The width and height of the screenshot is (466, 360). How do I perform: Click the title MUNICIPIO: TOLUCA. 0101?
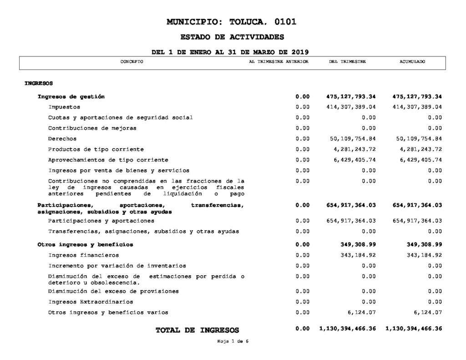(x=232, y=21)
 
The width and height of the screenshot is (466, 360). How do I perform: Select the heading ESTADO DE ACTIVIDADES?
(x=232, y=37)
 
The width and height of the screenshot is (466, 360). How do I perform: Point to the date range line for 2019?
(x=232, y=52)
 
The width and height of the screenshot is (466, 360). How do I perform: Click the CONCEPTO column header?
(x=132, y=61)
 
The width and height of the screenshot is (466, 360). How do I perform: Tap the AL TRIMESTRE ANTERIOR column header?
(x=279, y=61)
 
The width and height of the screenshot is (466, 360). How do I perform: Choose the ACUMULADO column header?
(x=412, y=61)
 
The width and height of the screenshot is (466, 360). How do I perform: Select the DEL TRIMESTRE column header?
(x=347, y=61)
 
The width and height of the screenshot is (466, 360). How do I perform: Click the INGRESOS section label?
(x=39, y=83)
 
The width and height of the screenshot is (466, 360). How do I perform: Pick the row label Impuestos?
(x=64, y=107)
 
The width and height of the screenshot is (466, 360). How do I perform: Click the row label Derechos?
(x=62, y=138)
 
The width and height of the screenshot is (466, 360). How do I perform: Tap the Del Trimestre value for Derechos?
(x=351, y=138)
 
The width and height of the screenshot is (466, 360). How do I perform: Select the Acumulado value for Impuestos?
(x=417, y=107)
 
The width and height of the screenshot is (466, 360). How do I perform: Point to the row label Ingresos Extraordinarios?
(x=91, y=302)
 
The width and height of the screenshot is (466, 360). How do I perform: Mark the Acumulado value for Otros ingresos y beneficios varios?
(x=427, y=312)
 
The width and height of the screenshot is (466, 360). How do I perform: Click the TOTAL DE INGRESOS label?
(x=197, y=330)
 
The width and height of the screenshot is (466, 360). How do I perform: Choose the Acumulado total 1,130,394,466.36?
(x=414, y=329)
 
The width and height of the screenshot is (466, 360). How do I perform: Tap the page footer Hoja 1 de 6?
(x=233, y=341)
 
